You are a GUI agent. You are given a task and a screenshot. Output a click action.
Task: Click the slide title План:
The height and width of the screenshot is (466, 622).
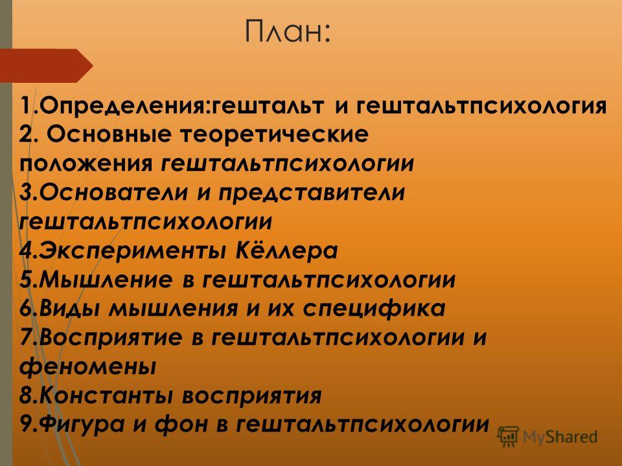point(287,31)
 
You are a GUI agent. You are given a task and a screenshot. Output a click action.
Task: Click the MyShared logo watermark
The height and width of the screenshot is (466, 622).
point(547,437)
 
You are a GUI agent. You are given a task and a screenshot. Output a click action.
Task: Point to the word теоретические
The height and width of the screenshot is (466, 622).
point(275,135)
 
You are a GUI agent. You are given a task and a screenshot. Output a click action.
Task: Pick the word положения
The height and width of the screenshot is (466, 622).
point(86,164)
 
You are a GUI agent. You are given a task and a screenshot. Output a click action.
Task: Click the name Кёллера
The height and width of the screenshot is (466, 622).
point(286,250)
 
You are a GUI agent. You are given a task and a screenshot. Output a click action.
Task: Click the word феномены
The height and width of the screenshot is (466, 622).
point(87,366)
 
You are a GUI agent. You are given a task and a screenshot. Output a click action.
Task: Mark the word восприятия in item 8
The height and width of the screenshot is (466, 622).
point(252,396)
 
